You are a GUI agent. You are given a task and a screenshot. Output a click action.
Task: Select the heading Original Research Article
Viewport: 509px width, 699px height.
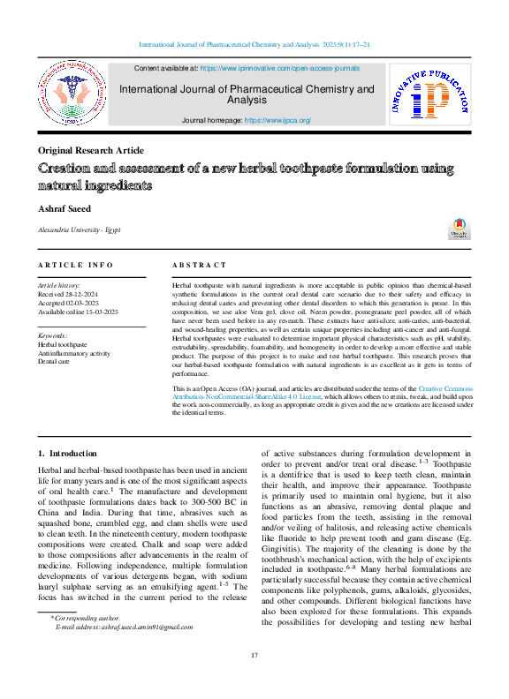pos(91,150)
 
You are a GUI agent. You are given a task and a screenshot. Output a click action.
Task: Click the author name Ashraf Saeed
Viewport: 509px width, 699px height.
pos(65,208)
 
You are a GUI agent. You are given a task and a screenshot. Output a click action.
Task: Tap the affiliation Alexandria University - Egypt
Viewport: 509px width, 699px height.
pos(78,229)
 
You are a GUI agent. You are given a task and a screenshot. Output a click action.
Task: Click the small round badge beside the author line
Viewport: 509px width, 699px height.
pos(460,227)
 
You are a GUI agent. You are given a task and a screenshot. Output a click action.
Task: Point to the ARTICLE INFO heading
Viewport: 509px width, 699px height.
pos(76,265)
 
